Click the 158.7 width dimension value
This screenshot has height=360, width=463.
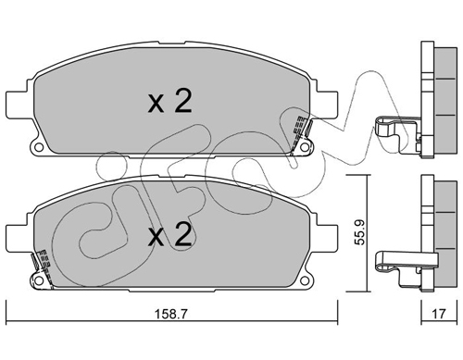tap(170, 315)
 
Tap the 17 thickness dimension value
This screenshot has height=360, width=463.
tap(439, 314)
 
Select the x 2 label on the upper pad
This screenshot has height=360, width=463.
tap(170, 101)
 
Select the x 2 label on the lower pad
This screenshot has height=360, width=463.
tap(170, 235)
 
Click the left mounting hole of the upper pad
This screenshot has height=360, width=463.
tap(39, 147)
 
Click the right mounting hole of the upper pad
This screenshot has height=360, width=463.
tap(305, 147)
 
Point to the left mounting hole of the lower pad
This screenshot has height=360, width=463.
tap(39, 280)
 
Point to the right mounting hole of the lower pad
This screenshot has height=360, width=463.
tap(305, 280)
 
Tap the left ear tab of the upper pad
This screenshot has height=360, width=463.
tap(19, 104)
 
